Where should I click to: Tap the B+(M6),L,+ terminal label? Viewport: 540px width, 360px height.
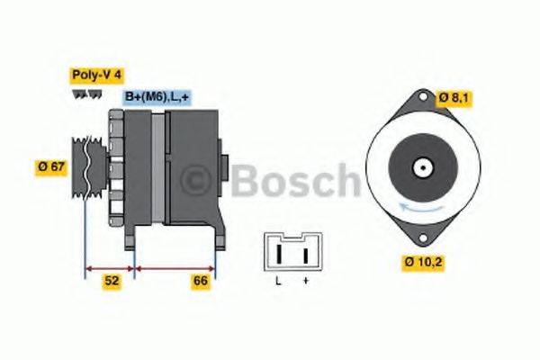coord(157,95)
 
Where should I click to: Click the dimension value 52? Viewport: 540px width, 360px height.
coord(112,281)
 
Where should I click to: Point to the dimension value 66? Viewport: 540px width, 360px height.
coord(202,281)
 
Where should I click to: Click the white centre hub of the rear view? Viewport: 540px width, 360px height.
coord(420,168)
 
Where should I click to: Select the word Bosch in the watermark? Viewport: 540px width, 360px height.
coord(295,182)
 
